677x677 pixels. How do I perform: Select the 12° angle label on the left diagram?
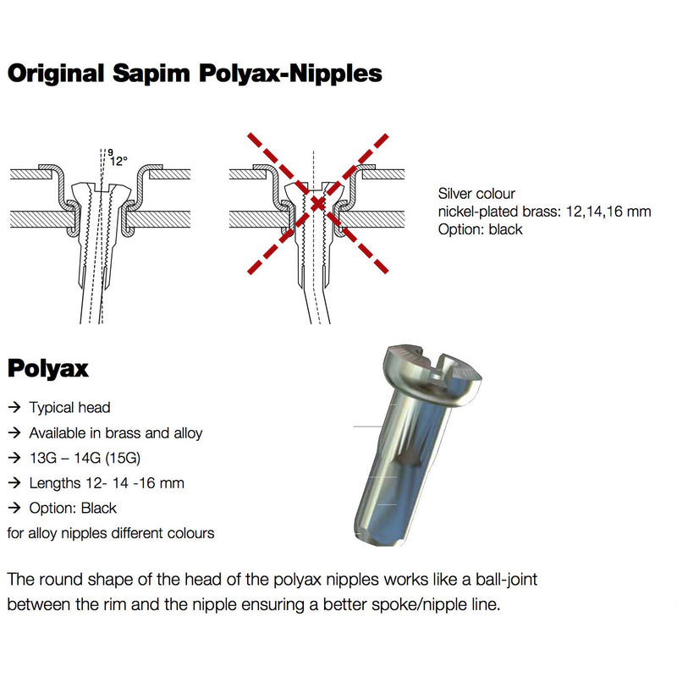pos(118,160)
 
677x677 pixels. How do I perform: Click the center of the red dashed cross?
pos(317,203)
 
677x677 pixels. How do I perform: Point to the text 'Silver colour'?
pos(476,194)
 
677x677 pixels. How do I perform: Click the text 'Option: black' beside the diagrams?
pos(481,229)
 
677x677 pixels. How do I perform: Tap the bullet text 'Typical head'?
pos(69,408)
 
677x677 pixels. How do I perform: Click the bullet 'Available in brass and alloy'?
pos(116,433)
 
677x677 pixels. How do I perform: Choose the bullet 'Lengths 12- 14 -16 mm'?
pos(107,483)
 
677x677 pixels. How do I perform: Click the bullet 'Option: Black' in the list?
pos(73,508)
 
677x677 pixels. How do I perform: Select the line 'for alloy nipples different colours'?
pos(110,533)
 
